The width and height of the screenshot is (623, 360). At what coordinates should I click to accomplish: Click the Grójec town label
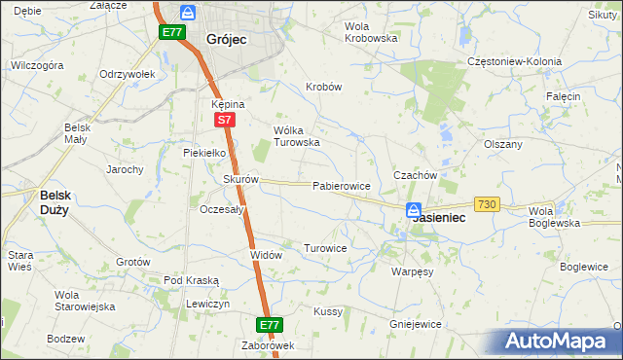click(x=227, y=40)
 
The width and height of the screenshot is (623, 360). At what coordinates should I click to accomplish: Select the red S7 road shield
click(x=224, y=120)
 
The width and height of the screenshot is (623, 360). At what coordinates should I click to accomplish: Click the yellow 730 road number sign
click(x=487, y=204)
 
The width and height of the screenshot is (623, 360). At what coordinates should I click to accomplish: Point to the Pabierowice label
click(x=340, y=185)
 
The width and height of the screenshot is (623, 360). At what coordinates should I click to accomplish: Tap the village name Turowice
click(x=325, y=248)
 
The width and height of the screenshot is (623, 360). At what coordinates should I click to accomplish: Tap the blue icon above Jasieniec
click(x=414, y=209)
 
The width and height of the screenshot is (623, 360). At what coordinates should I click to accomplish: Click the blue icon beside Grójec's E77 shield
click(x=189, y=14)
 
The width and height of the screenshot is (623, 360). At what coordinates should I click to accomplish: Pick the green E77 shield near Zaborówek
click(x=271, y=325)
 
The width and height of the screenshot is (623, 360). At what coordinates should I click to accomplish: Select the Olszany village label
click(x=503, y=144)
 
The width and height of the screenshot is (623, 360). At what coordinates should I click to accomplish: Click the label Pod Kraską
click(x=192, y=280)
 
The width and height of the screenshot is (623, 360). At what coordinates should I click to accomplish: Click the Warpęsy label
click(x=412, y=271)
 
